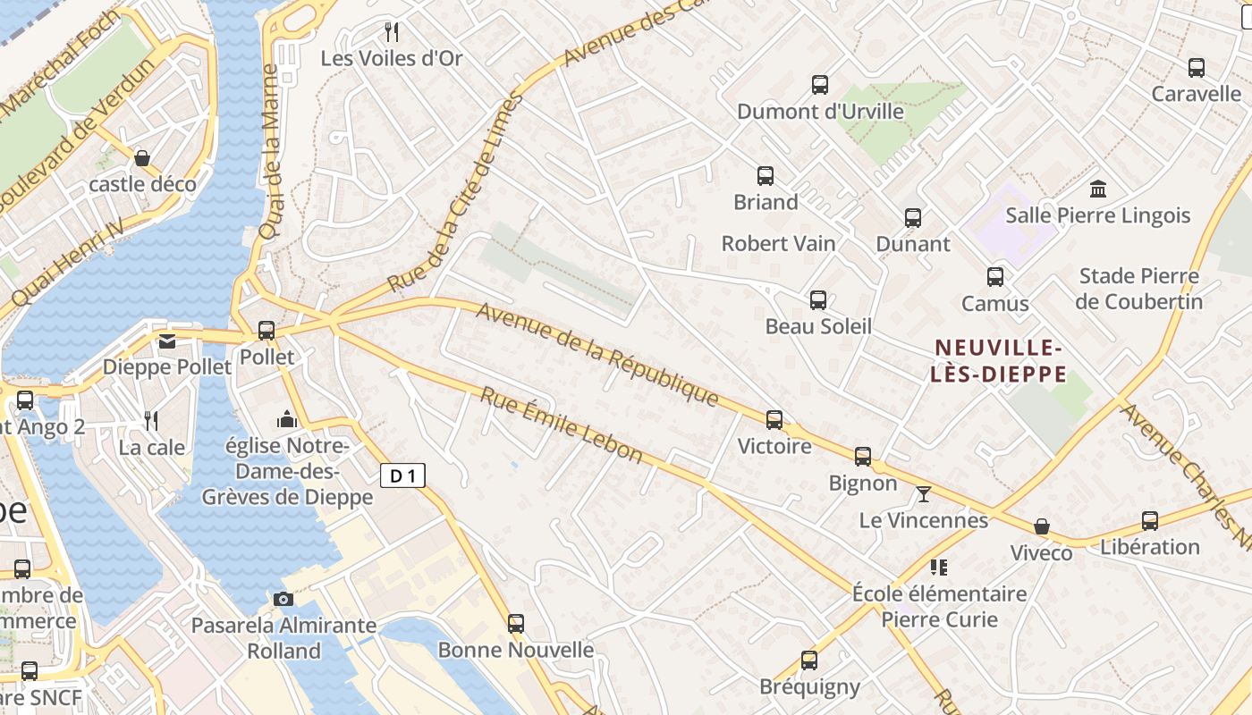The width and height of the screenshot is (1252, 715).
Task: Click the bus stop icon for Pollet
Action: coord(266,330)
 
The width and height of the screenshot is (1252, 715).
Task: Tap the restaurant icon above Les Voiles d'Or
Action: coord(391,32)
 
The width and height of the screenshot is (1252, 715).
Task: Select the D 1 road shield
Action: coord(402,475)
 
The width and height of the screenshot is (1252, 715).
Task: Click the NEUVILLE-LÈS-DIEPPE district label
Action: coord(998,360)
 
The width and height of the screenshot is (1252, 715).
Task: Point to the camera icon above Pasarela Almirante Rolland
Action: coord(283,598)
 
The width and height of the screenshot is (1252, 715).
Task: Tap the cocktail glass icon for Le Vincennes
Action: coord(924,493)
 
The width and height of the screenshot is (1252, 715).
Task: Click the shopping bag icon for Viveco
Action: coord(1041,526)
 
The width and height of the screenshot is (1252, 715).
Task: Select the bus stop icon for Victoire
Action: coord(774,419)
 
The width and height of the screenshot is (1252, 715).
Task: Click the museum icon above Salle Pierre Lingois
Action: coord(1098,189)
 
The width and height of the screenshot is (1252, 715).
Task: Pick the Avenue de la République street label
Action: coord(597,355)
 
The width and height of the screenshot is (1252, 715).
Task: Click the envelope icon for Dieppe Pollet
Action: coord(167,341)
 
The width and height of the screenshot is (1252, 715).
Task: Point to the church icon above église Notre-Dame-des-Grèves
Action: coord(286,418)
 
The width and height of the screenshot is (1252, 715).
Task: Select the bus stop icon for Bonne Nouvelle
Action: coord(516,623)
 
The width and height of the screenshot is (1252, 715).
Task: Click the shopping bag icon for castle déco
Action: coord(141,158)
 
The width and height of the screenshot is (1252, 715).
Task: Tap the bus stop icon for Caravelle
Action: coord(1197,67)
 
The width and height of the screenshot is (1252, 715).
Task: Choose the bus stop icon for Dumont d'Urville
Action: coord(820,85)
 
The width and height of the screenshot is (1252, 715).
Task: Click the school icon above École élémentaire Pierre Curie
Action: coord(939,567)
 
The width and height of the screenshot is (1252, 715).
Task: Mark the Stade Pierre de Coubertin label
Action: coord(1138,289)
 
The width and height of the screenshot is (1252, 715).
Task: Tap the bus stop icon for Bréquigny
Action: coord(809,660)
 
